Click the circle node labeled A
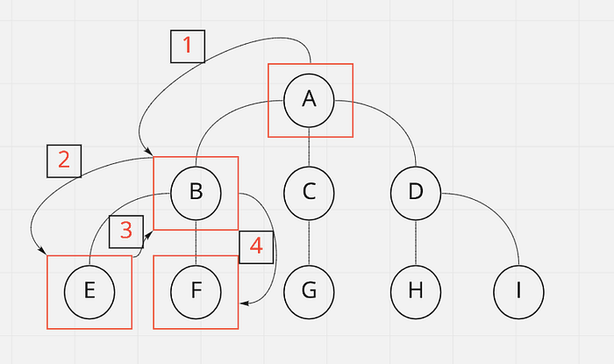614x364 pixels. coord(309,99)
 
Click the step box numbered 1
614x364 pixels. coord(187,46)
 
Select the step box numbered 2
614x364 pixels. coord(63,161)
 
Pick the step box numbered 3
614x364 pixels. coord(126,231)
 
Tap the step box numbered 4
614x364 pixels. coord(256,246)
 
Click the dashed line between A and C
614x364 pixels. coord(309,146)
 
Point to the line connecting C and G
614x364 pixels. coord(309,242)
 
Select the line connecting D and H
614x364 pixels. coord(416,242)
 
